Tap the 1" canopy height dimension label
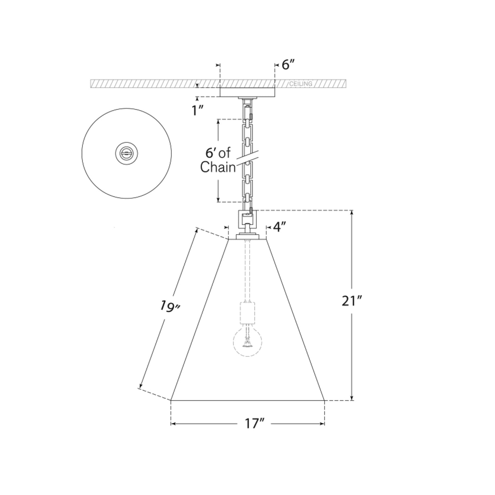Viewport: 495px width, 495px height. point(198,110)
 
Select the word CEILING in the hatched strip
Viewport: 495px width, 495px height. point(301,84)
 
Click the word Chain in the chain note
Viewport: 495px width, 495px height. point(218,168)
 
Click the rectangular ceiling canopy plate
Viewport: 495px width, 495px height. point(247,92)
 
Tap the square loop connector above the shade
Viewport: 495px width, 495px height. point(247,218)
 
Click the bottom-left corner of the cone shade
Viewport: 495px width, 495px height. point(171,400)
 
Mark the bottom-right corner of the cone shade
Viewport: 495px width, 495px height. point(324,400)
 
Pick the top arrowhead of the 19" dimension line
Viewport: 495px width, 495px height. point(196,230)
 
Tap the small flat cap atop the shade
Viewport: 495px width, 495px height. point(247,237)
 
